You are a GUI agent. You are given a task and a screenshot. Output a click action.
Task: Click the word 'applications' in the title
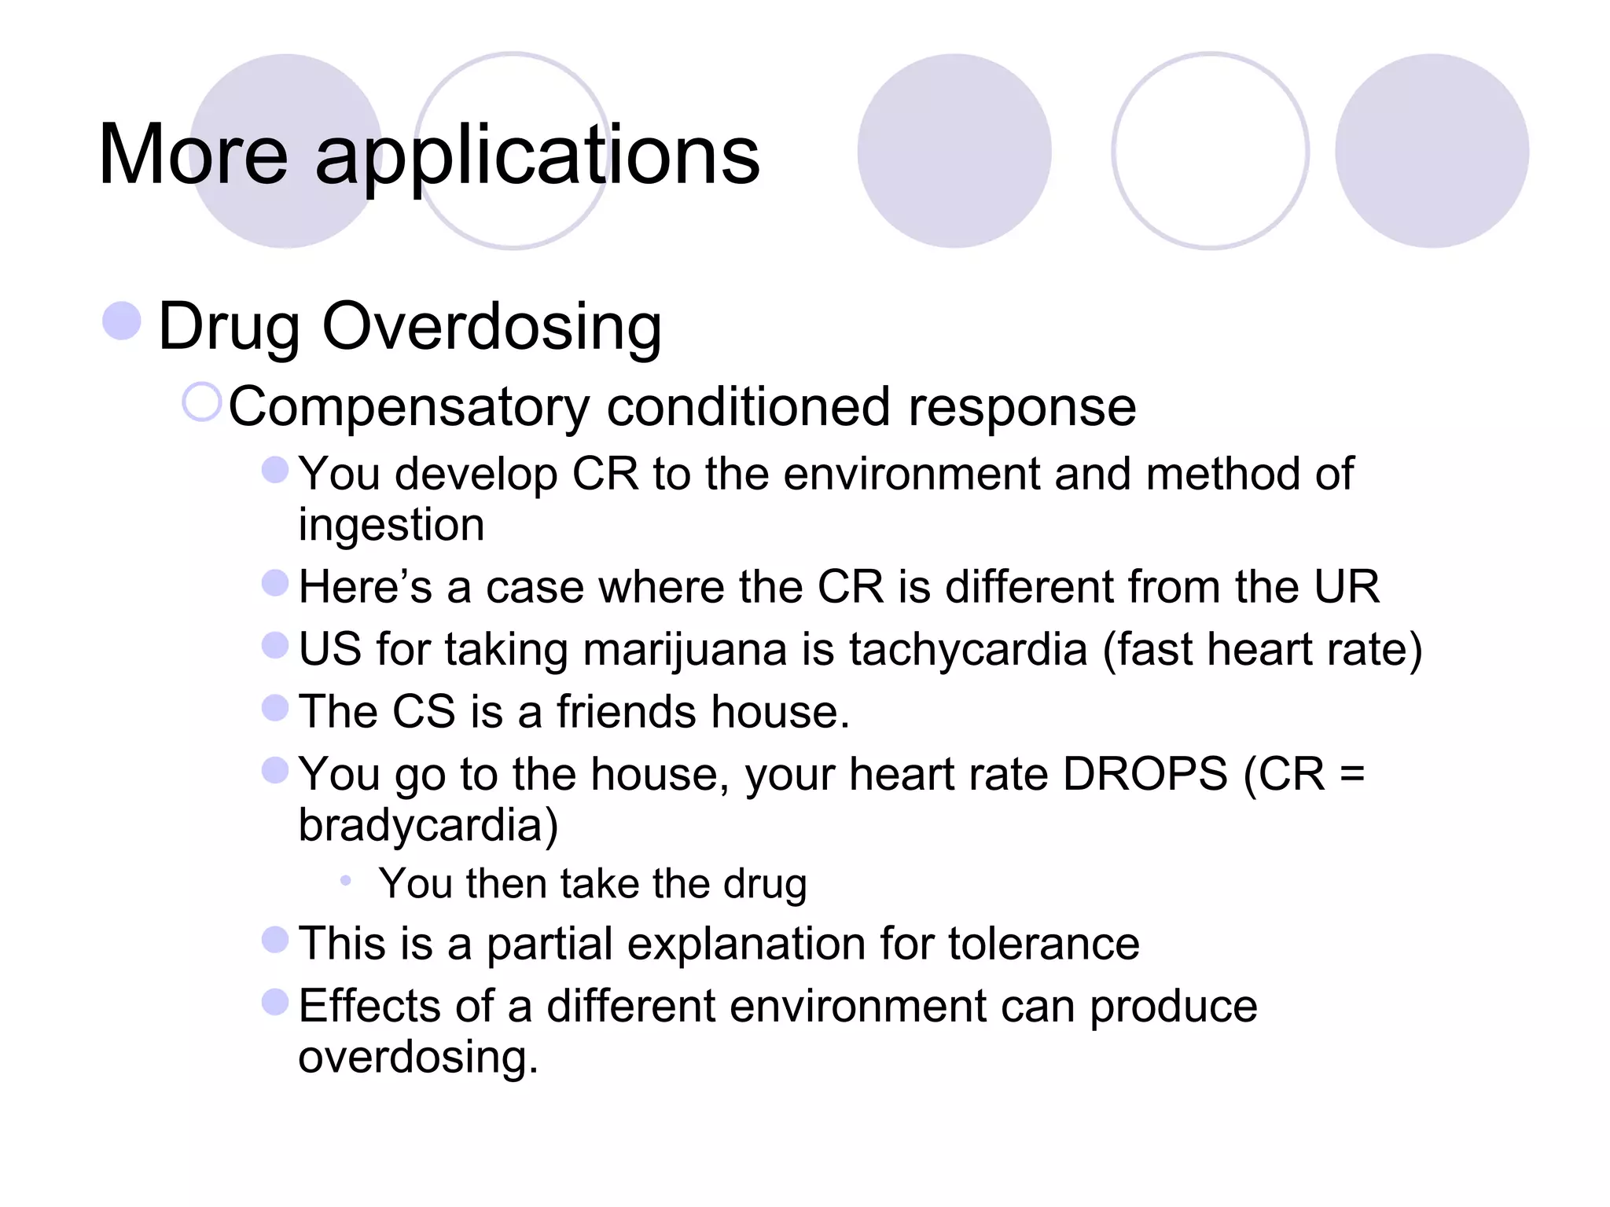point(537,157)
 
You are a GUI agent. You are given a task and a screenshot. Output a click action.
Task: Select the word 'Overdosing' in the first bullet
point(491,326)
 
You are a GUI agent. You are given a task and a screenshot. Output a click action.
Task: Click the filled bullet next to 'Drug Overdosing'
point(122,321)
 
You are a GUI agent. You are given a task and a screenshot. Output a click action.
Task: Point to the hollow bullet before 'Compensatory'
point(201,402)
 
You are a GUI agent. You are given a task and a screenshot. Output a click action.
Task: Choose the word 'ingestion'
point(391,526)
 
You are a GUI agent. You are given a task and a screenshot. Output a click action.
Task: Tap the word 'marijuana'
point(685,651)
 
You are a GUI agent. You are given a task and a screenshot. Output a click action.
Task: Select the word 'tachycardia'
point(968,651)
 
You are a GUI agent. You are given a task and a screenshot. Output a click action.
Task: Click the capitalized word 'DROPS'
point(1145,775)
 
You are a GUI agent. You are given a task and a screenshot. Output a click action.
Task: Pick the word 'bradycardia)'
point(428,826)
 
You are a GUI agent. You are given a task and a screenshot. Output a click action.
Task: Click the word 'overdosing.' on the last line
point(418,1057)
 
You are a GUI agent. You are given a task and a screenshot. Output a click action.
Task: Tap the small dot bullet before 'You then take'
point(345,881)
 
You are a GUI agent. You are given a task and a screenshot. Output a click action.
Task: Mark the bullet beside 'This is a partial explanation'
point(275,939)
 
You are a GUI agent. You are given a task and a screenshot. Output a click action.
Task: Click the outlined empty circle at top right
point(1210,151)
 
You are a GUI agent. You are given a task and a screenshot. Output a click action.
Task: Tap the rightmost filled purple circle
point(1432,151)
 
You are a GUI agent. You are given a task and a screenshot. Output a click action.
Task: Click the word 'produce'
point(1173,1007)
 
